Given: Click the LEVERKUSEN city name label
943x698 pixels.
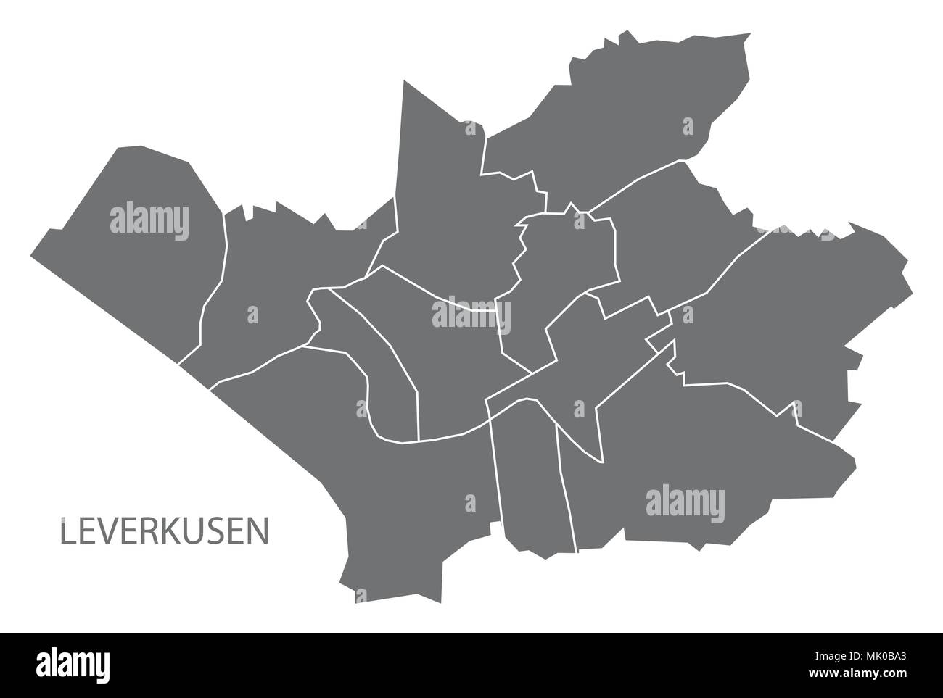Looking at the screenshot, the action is coord(163,531).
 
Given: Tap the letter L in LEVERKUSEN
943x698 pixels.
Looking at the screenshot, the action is coord(67,531).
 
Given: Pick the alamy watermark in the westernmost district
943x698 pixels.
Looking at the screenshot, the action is coord(149,220).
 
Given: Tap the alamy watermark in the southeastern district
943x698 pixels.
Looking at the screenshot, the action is coord(684,502).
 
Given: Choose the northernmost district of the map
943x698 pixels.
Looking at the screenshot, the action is coord(624,109).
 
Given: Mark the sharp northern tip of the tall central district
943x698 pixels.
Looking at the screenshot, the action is coord(403,82).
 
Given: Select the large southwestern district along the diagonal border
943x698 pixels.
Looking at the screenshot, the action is coord(363,471).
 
